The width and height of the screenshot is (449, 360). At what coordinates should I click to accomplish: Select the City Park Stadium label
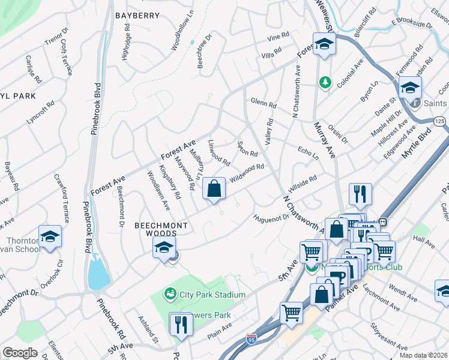point(205,295)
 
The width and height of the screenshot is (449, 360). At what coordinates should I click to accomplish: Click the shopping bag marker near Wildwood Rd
point(214,189)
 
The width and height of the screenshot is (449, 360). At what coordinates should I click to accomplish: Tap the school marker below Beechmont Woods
point(163,247)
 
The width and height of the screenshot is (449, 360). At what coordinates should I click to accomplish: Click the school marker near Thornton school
point(50,236)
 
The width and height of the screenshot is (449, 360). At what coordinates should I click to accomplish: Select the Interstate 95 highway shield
point(252,340)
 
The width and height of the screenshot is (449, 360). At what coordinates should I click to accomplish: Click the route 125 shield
point(440,122)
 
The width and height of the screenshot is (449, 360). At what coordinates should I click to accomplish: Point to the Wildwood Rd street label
point(247,172)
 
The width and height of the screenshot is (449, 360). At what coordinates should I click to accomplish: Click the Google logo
point(20,353)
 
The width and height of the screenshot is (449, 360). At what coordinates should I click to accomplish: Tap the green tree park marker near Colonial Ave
point(325,81)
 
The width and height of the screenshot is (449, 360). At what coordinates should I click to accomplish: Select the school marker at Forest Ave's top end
point(324,44)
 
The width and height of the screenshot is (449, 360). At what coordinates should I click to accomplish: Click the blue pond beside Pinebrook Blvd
point(98,275)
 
